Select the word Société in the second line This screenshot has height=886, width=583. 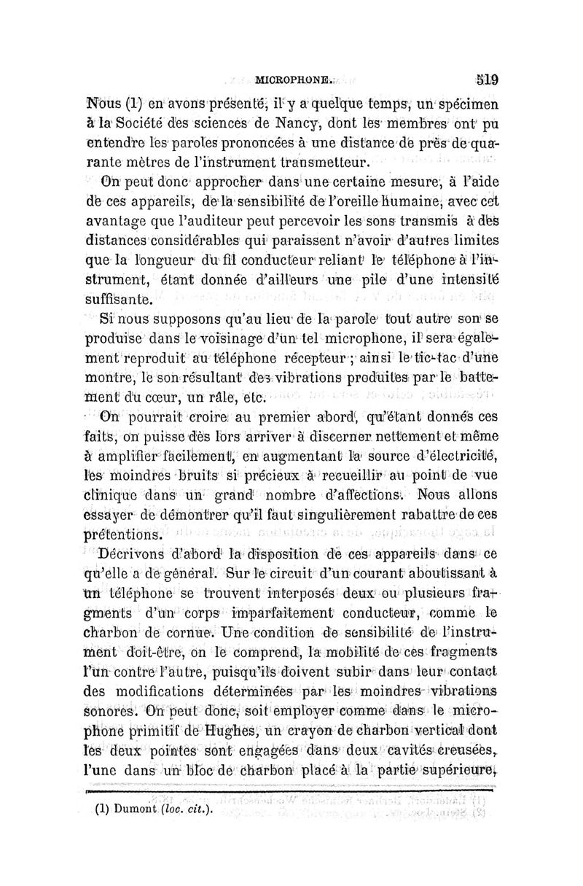coord(150,123)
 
